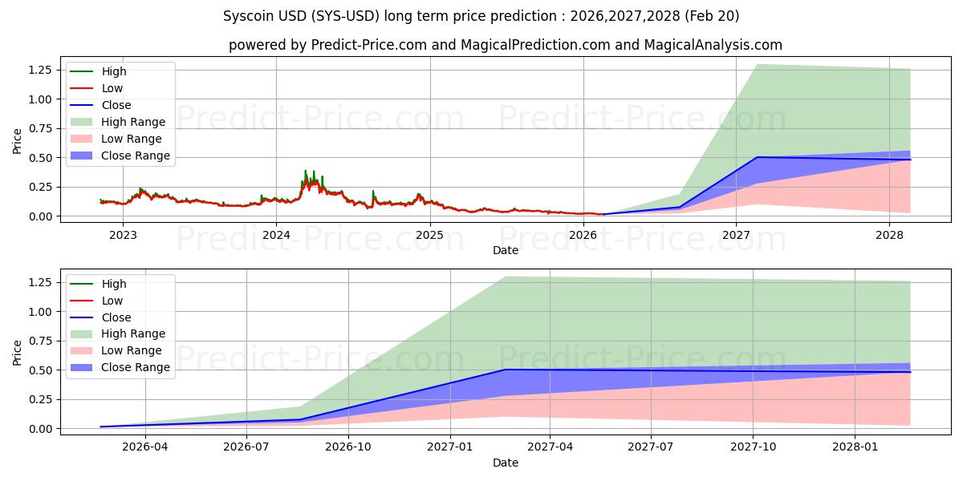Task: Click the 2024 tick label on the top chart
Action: tap(276, 235)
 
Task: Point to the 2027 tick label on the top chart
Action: tap(736, 235)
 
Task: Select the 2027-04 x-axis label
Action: tap(551, 447)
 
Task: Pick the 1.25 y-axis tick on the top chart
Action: tap(39, 71)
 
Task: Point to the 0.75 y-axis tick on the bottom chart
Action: tap(39, 341)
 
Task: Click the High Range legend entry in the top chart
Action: tap(133, 122)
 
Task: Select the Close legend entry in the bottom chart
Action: tap(116, 317)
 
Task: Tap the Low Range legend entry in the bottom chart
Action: tap(132, 350)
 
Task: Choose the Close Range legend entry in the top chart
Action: tap(135, 156)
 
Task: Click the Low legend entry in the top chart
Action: tap(112, 88)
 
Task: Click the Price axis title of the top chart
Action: tap(17, 141)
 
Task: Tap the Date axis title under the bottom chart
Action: tap(505, 463)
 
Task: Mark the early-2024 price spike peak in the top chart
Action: tap(305, 171)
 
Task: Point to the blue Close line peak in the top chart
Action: tap(757, 157)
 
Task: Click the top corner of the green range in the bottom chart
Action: tap(503, 277)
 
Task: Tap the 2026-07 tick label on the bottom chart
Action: tap(246, 447)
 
